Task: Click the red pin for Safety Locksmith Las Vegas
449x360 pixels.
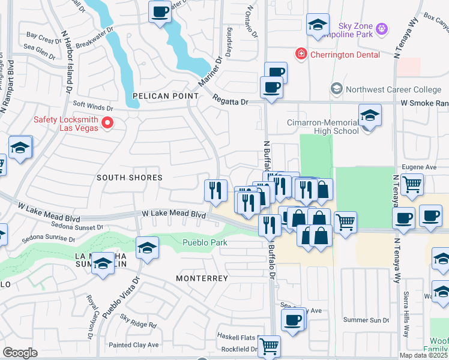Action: pos(108,124)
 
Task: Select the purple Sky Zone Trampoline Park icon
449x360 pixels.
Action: pos(382,28)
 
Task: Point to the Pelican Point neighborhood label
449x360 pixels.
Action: pos(166,96)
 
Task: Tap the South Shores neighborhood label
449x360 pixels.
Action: pos(130,178)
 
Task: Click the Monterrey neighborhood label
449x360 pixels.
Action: pos(202,278)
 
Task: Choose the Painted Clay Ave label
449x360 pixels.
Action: pos(133,345)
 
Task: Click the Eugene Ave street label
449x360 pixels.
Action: pos(423,167)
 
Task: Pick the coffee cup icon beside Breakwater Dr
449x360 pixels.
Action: pos(160,12)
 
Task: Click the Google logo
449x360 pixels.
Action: pos(20,353)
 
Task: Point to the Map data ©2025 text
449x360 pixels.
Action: pos(424,355)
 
